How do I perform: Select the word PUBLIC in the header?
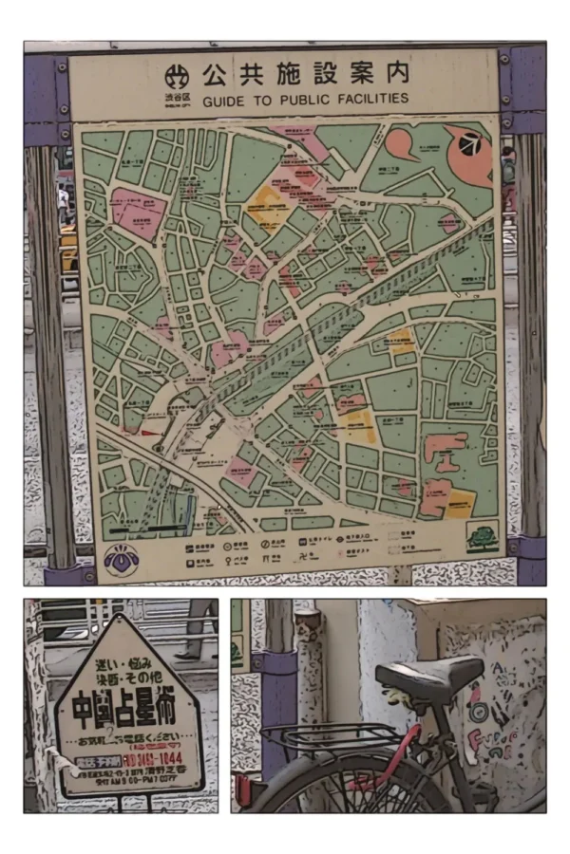304,98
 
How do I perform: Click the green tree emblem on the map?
483,538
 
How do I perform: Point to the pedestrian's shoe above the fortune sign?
185,654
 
